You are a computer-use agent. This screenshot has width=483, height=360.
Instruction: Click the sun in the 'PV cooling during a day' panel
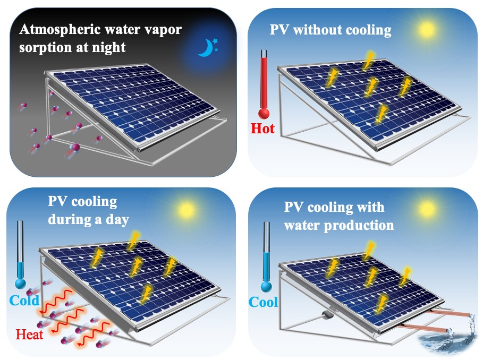(187, 210)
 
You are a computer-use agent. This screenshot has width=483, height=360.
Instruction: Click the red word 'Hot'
(262, 128)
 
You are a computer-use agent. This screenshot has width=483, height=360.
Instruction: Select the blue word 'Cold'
(24, 301)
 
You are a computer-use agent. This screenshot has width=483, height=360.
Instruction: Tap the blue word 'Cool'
(264, 302)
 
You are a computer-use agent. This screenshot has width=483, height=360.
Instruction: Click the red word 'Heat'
(29, 334)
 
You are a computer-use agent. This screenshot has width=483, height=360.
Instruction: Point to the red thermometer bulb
(264, 114)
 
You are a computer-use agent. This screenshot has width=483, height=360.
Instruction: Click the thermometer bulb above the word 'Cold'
(20, 283)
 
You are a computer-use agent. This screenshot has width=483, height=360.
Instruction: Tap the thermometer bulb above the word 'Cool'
(266, 287)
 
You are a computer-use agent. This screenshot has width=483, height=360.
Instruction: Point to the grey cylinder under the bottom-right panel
(327, 314)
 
